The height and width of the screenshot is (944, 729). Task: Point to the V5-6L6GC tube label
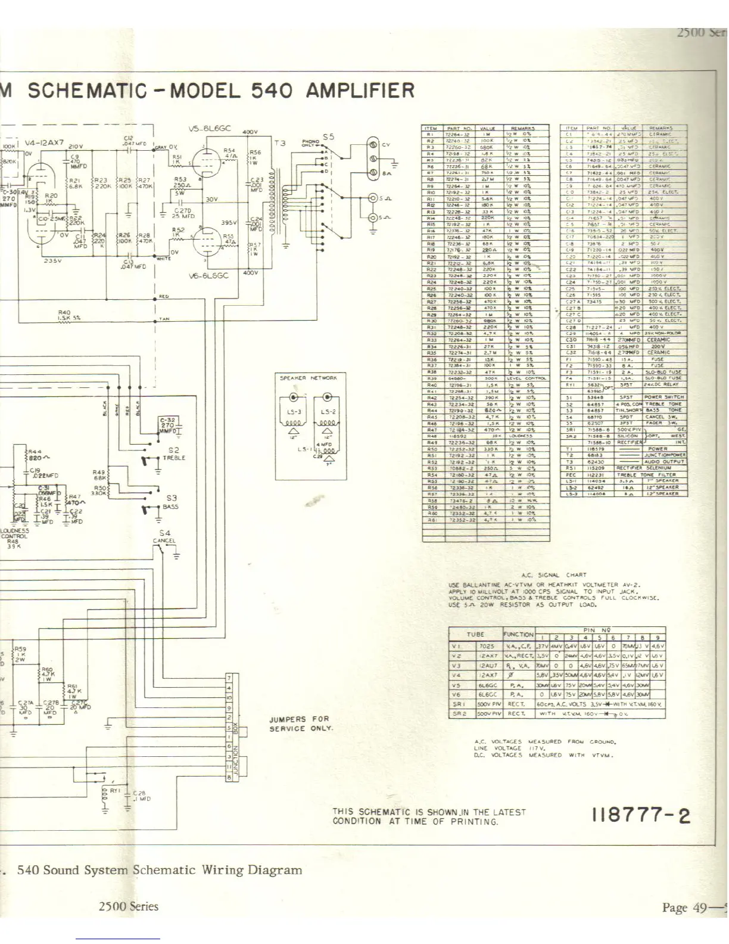click(x=208, y=129)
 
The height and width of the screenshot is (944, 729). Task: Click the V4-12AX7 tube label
click(x=44, y=143)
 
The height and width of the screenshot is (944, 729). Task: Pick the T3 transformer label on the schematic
click(x=280, y=143)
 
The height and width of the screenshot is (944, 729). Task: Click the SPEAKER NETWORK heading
click(x=308, y=378)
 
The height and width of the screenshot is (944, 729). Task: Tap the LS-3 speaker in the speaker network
click(x=294, y=411)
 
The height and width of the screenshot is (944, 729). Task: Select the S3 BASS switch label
click(x=172, y=502)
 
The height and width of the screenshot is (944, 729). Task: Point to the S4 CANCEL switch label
click(x=164, y=537)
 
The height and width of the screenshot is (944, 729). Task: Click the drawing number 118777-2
click(x=641, y=815)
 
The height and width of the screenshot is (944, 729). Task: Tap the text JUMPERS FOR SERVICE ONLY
click(x=301, y=723)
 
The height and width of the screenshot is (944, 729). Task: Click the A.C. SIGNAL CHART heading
click(x=554, y=575)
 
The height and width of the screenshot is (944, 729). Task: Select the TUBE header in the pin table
click(x=475, y=634)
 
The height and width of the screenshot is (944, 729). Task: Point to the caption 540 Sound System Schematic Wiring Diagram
click(x=159, y=870)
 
